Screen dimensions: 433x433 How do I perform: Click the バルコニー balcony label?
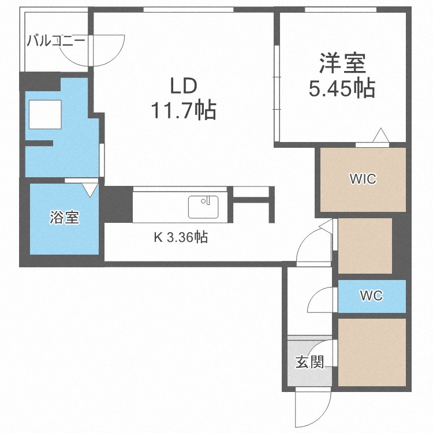(x=56, y=42)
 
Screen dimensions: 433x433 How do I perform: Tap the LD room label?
(x=184, y=86)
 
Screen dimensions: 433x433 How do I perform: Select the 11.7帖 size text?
(x=184, y=110)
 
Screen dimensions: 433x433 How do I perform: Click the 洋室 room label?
(x=342, y=63)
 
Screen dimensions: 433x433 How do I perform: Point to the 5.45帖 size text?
(x=342, y=88)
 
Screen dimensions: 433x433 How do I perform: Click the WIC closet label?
(x=363, y=178)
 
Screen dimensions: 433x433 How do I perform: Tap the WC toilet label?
(x=371, y=296)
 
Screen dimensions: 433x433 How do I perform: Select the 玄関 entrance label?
(x=309, y=362)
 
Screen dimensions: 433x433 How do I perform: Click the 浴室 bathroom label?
(x=64, y=217)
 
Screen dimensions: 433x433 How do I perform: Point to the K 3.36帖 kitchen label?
(x=181, y=237)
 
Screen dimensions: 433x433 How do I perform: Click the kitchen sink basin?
(x=203, y=207)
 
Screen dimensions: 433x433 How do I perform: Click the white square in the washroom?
(x=45, y=114)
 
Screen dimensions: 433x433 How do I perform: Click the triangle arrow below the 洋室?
(x=381, y=135)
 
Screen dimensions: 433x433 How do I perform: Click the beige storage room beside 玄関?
(x=372, y=352)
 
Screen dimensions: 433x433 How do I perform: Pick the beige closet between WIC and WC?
(x=365, y=246)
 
